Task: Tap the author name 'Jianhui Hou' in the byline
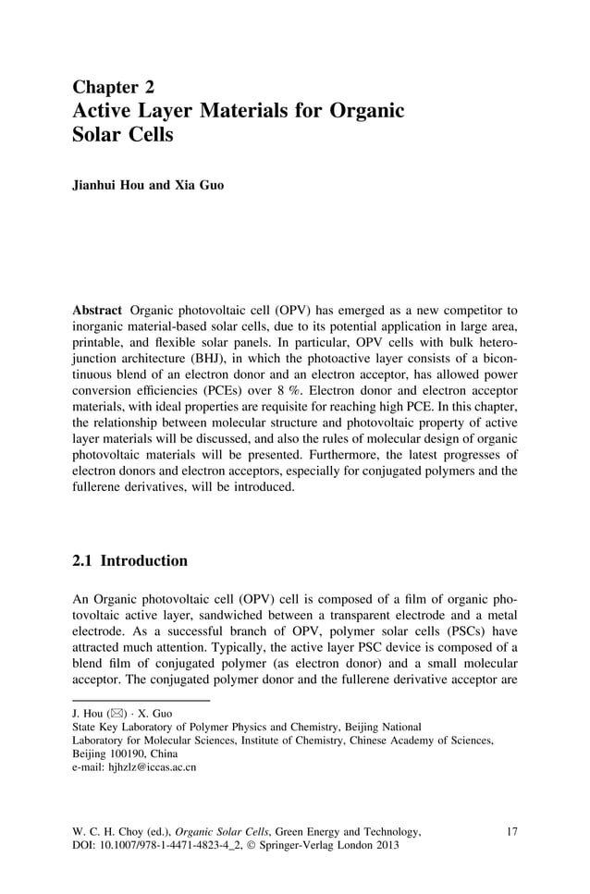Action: coord(107,185)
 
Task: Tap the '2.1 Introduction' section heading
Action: coord(129,561)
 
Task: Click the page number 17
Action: coord(511,831)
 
